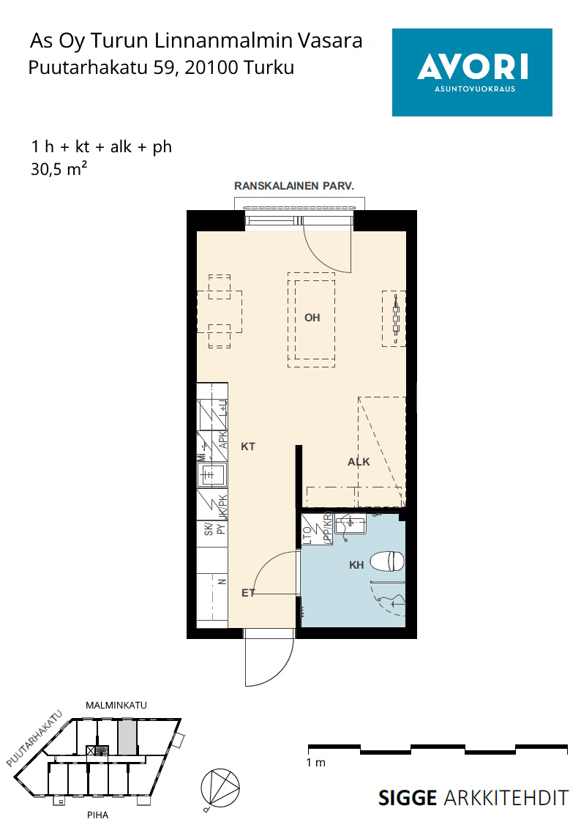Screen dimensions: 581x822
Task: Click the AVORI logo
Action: click(472, 72)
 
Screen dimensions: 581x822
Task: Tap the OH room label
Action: click(312, 317)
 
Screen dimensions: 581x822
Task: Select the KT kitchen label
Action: click(248, 446)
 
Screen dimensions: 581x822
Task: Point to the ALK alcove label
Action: click(359, 461)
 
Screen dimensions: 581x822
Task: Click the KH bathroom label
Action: click(356, 564)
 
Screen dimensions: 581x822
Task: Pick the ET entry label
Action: click(248, 592)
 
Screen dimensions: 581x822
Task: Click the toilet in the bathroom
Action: click(387, 561)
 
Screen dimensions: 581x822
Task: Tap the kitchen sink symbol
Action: click(211, 474)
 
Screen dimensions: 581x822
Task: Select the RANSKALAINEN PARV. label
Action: click(294, 186)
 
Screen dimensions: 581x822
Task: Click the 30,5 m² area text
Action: click(59, 169)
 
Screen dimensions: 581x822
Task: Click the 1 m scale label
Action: click(316, 762)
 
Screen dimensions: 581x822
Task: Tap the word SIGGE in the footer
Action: click(408, 798)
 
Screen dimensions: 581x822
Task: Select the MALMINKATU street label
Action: click(116, 705)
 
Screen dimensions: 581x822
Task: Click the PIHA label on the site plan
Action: click(98, 815)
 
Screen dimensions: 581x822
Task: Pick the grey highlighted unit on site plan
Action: click(127, 737)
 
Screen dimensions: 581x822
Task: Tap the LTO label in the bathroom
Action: click(307, 535)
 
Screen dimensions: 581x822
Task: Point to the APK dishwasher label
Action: click(222, 438)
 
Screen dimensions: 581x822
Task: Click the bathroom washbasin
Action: click(351, 524)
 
